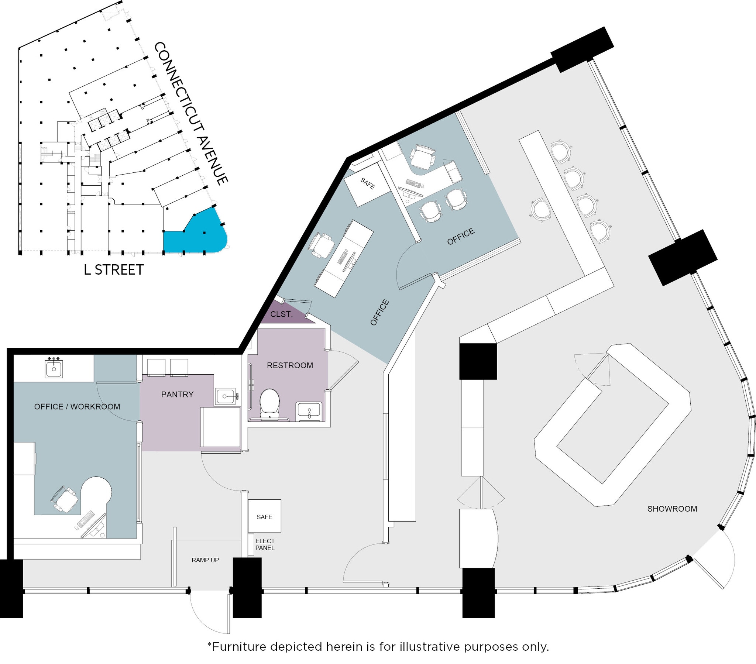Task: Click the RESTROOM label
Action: point(290,365)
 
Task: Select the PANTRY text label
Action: point(177,394)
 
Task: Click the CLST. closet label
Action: point(281,314)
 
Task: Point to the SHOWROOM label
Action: point(672,509)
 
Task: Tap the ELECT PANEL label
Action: point(265,544)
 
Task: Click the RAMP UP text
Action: point(205,560)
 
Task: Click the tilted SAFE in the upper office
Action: point(367,184)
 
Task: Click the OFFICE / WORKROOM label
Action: point(77,406)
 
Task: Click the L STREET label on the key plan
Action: point(114,270)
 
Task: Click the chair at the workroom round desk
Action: point(65,499)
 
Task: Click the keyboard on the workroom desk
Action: point(86,519)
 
